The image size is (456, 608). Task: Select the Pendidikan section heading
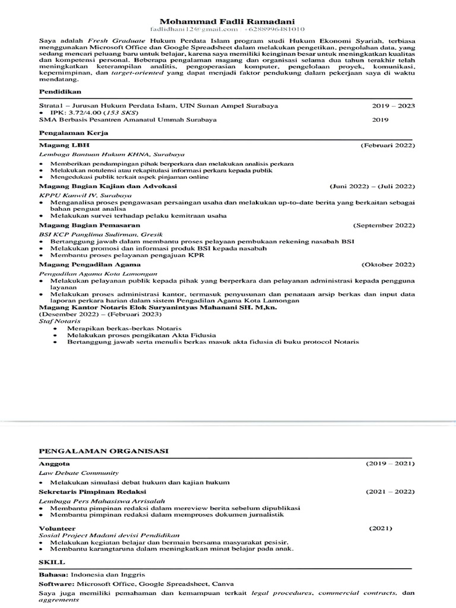point(58,92)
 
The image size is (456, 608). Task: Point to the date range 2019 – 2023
point(394,106)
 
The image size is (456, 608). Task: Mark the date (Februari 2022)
point(388,145)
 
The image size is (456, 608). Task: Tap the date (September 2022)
point(384,226)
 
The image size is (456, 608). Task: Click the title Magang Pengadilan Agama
point(90,264)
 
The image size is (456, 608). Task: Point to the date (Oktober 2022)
point(388,264)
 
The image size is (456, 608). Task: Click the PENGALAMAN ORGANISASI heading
point(103,452)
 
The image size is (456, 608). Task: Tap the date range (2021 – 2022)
point(389,492)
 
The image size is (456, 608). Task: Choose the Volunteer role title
point(57,527)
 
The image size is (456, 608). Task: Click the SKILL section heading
point(52,562)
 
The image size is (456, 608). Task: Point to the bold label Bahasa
point(53,575)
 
